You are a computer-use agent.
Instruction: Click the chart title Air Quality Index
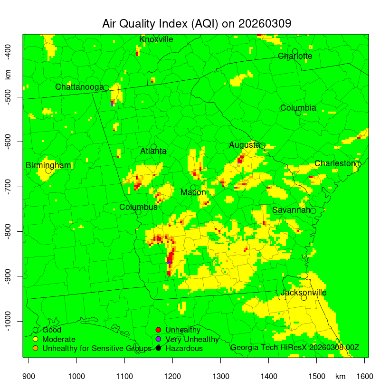197,24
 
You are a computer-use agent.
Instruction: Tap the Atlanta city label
153,152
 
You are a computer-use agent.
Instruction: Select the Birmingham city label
48,165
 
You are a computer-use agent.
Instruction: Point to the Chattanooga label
79,87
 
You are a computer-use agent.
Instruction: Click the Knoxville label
156,39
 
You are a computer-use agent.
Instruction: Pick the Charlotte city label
295,56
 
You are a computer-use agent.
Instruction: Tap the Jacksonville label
304,293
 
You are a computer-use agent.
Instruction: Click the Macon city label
193,192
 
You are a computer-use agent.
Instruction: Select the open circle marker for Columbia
298,113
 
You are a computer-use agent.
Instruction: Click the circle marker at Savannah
313,211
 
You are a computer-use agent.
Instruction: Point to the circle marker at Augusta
262,145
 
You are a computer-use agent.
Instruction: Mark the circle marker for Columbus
138,212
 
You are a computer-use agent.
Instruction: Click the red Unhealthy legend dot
159,330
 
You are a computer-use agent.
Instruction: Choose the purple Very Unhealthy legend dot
159,339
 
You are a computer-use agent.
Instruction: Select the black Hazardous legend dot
159,349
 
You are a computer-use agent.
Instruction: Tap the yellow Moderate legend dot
35,339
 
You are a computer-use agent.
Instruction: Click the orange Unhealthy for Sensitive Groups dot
35,349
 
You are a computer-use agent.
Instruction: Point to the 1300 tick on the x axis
220,376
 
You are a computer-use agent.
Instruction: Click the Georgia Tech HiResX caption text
294,348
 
